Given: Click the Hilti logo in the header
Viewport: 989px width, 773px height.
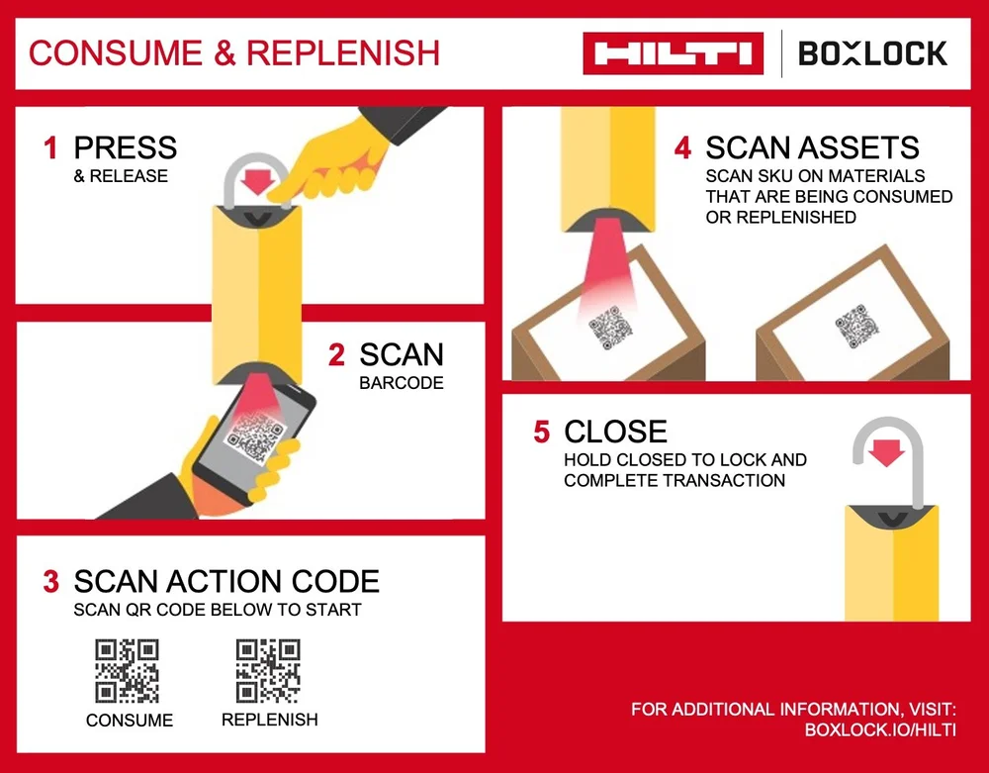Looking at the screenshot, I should [673, 53].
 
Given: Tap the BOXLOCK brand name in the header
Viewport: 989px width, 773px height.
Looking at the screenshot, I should [872, 53].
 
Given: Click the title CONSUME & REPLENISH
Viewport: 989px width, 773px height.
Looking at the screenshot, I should [234, 52].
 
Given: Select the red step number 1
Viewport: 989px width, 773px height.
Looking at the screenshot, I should [50, 148].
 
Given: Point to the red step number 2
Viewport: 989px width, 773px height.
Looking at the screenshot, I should [336, 355].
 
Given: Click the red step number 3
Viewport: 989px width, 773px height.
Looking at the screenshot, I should [50, 581].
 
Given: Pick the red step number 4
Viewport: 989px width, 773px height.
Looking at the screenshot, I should [682, 148].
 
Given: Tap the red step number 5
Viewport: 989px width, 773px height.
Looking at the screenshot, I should [541, 433].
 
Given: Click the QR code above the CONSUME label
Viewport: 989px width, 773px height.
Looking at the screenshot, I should [127, 671].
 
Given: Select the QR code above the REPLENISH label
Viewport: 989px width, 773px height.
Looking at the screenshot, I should [268, 671].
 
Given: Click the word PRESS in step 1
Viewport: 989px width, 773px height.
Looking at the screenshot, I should [126, 148].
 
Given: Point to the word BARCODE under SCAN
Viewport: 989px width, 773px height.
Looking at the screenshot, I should [402, 383].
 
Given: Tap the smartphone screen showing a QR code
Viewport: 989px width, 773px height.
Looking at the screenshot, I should [254, 435].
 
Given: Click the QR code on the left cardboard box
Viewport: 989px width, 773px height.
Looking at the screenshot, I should [607, 328].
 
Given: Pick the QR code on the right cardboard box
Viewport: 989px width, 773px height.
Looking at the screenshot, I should [853, 326].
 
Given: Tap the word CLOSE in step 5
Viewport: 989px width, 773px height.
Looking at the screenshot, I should [615, 433].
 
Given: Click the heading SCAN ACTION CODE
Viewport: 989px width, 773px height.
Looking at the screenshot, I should [226, 581].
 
